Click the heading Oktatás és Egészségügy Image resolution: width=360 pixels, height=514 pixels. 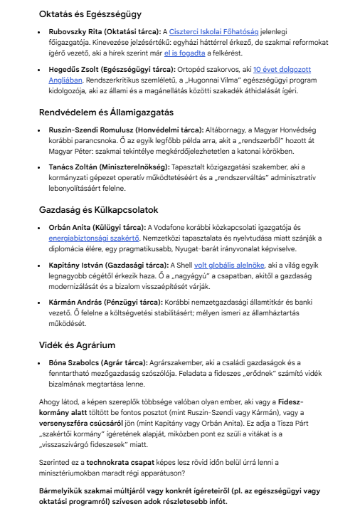[90, 14]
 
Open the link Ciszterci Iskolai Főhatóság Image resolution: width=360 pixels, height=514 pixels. [214, 33]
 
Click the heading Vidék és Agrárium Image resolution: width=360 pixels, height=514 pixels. [77, 345]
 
